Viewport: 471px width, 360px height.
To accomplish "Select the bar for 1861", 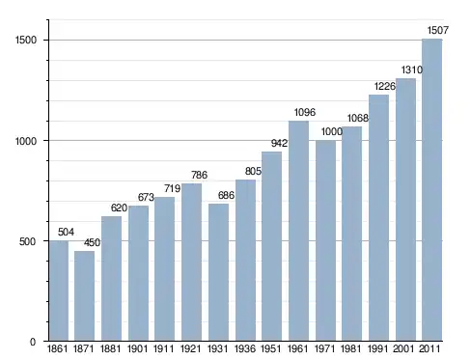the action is coord(59,291).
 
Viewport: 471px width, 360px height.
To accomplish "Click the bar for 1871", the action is coord(85,296).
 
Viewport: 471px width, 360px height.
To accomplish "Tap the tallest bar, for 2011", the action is coord(432,190).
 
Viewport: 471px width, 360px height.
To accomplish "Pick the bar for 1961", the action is coord(298,231).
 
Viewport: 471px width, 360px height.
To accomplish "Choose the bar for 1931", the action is coord(218,272).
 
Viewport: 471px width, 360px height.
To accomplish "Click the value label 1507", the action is coord(438,30).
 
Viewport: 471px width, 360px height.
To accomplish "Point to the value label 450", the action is coord(92,242).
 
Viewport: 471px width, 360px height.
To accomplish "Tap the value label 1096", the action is coord(305,112).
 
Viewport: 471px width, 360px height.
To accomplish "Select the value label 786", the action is coord(199,175).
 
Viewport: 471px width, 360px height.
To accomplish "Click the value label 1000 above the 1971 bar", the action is coord(332,131).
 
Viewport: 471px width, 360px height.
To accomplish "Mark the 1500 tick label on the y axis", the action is coord(26,41).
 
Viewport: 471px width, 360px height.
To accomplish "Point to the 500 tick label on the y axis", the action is coord(27,241).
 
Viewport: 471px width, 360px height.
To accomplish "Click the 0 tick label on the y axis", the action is coord(33,342).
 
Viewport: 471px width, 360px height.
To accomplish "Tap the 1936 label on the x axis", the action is coord(245,348).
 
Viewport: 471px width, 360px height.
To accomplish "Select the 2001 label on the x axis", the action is coord(403,348).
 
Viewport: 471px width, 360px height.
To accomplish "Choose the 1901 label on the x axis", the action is coord(137,348).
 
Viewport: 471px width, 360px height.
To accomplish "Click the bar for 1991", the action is coord(378,218).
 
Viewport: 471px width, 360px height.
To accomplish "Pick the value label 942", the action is coord(279,143).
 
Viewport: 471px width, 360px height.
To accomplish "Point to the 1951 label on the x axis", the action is coord(271,348).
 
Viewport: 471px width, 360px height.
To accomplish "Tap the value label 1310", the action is coord(411,69).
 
